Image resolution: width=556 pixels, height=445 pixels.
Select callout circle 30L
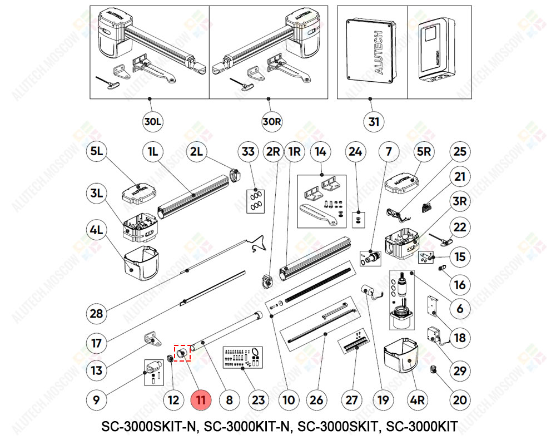pyautogui.click(x=151, y=121)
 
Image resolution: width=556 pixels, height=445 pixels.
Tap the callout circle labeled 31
pyautogui.click(x=373, y=121)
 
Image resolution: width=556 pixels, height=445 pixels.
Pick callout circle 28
pyautogui.click(x=96, y=314)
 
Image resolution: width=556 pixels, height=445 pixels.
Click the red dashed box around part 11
pyautogui.click(x=181, y=353)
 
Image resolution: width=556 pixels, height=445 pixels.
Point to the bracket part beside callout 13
pyautogui.click(x=150, y=337)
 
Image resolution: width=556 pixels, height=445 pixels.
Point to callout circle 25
pyautogui.click(x=460, y=151)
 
